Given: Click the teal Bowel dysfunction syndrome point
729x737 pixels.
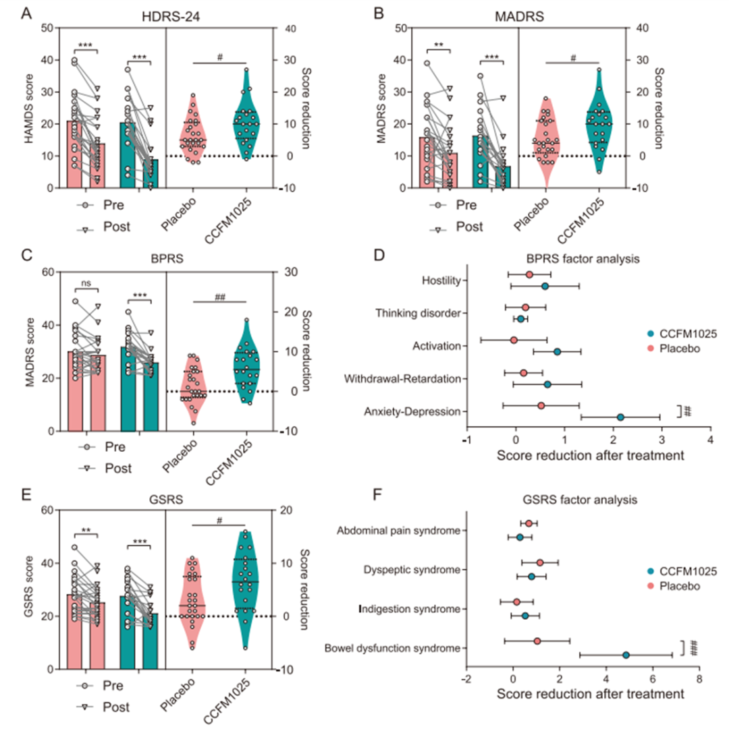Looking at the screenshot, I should tap(626, 655).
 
